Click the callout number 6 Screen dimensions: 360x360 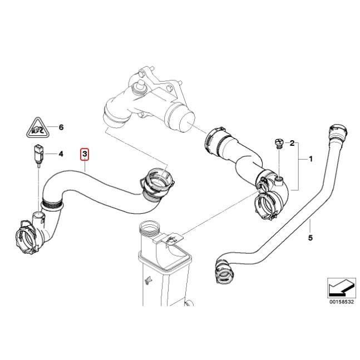[61, 127]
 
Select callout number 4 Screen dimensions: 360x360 [61, 154]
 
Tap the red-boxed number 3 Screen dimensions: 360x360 [85, 154]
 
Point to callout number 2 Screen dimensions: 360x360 [292, 144]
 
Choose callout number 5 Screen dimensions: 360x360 [310, 238]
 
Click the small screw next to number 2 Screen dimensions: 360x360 [279, 144]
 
